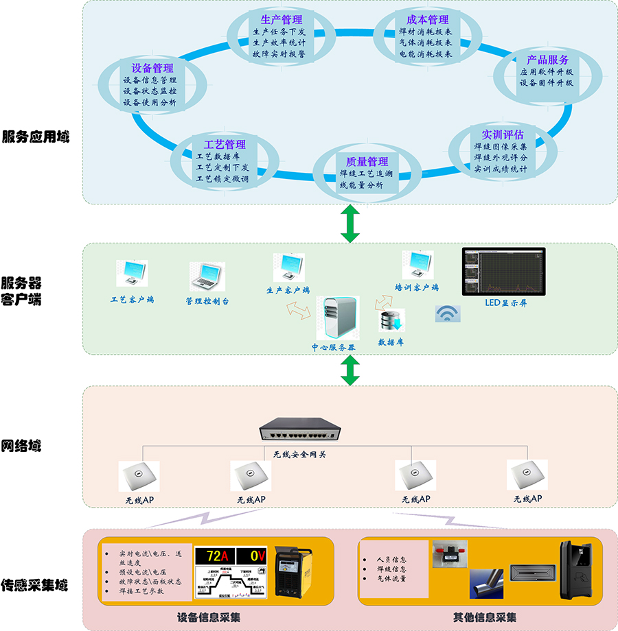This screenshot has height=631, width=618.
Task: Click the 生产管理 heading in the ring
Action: tap(282, 19)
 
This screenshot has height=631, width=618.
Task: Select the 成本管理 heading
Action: tap(428, 19)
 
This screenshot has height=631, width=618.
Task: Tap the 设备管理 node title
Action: tap(152, 69)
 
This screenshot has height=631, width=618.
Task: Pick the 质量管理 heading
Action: tap(367, 162)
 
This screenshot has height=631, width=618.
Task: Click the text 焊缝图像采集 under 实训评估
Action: tap(501, 147)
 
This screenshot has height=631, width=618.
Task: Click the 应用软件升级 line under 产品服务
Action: tap(547, 72)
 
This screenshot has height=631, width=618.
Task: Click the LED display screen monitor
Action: tap(503, 272)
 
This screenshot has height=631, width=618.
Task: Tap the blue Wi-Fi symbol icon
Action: tap(448, 313)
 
